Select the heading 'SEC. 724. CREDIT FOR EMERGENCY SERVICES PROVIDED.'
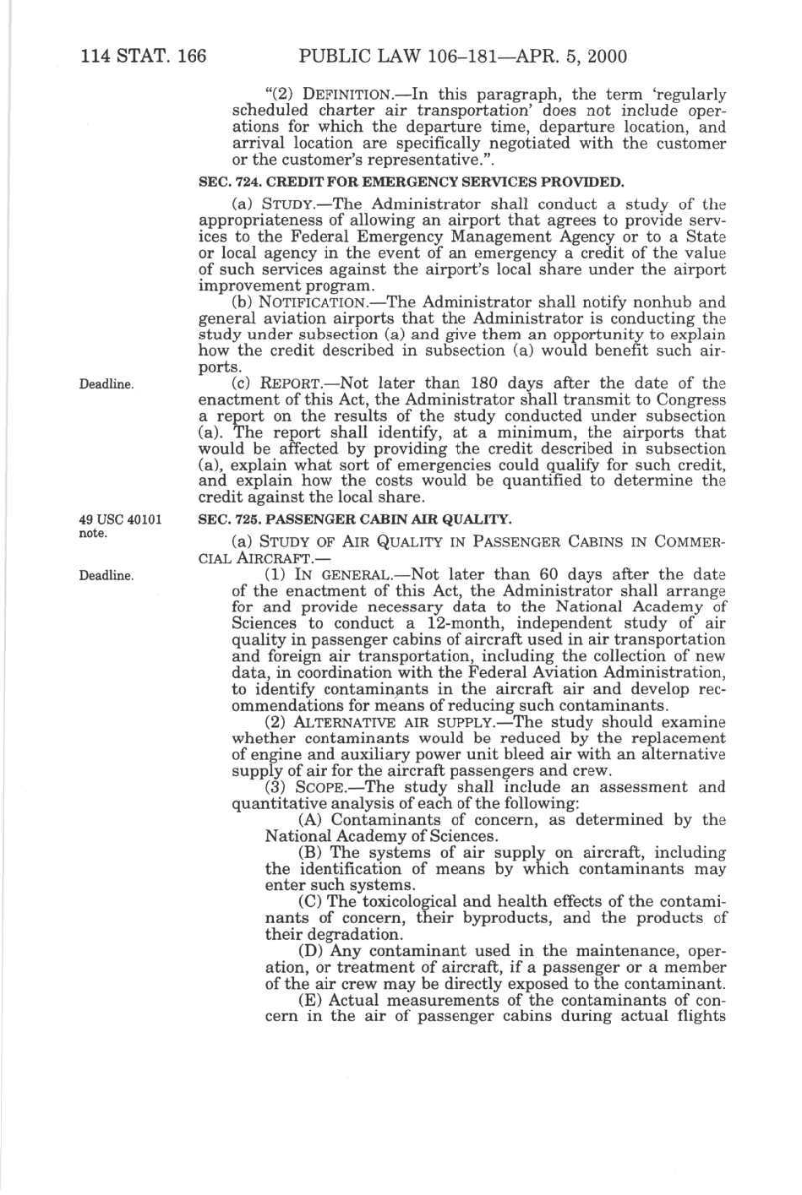pos(411,182)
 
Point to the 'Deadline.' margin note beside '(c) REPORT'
pos(106,384)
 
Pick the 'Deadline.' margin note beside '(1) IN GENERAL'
pos(106,576)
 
